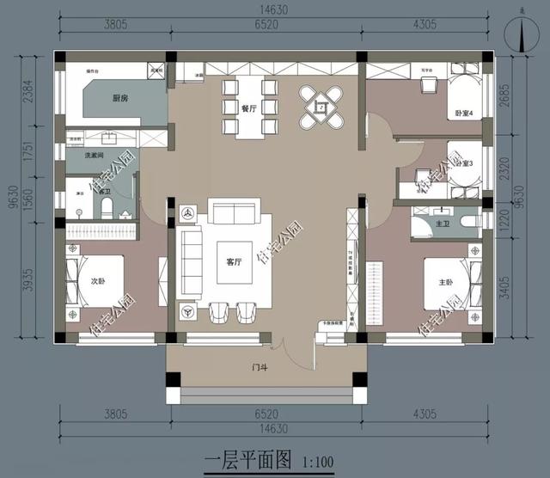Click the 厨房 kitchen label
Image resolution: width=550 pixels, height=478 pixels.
(120, 100)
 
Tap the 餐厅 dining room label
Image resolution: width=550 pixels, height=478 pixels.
(249, 109)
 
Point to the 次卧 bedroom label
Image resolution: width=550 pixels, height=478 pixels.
(98, 279)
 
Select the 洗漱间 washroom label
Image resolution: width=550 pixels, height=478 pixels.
(95, 156)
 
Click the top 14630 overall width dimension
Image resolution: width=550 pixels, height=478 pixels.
(274, 12)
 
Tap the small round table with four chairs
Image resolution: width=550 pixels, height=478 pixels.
(321, 107)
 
